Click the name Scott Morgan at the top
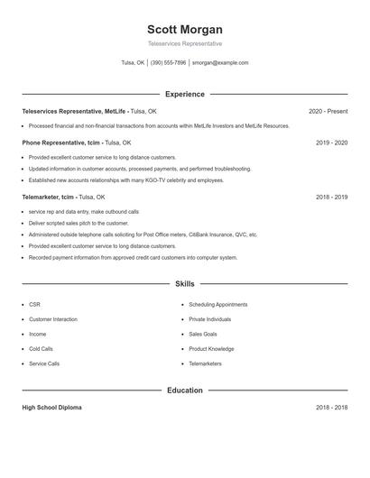pos(185,30)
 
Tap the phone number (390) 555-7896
pos(168,63)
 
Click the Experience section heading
pos(185,94)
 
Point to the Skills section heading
pos(185,284)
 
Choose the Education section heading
pos(185,391)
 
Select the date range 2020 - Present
pos(328,111)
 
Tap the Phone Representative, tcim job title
pos(61,142)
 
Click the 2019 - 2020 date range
pos(331,142)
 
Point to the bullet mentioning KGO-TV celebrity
pos(125,179)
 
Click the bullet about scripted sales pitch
pos(79,223)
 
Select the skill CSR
pos(34,305)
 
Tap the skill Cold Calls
pos(41,348)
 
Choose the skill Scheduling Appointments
pos(217,305)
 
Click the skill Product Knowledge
pos(211,348)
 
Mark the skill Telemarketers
pos(206,363)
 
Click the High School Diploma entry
pos(51,408)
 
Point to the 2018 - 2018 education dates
pos(331,408)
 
